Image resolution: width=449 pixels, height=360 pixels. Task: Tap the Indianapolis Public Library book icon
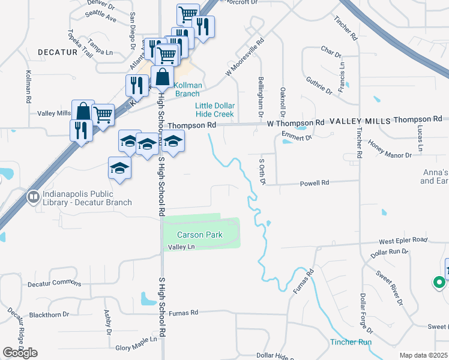click(x=33, y=196)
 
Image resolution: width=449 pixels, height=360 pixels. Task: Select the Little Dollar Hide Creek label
click(x=214, y=110)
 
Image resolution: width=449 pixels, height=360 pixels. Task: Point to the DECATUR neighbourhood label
click(x=58, y=52)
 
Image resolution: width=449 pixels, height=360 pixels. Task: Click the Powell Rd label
click(x=317, y=182)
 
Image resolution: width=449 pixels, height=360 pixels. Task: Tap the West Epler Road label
click(x=403, y=240)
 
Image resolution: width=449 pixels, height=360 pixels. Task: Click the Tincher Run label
click(x=351, y=342)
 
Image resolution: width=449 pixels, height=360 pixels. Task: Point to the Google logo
click(x=20, y=353)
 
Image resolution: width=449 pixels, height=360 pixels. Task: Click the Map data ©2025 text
click(x=423, y=355)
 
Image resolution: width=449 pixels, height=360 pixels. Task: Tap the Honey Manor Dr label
click(x=390, y=150)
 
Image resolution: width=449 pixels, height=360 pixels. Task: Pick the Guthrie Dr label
click(x=318, y=84)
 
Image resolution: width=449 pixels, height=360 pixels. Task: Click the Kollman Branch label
click(x=186, y=89)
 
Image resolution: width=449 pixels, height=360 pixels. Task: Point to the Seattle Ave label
click(x=101, y=16)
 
